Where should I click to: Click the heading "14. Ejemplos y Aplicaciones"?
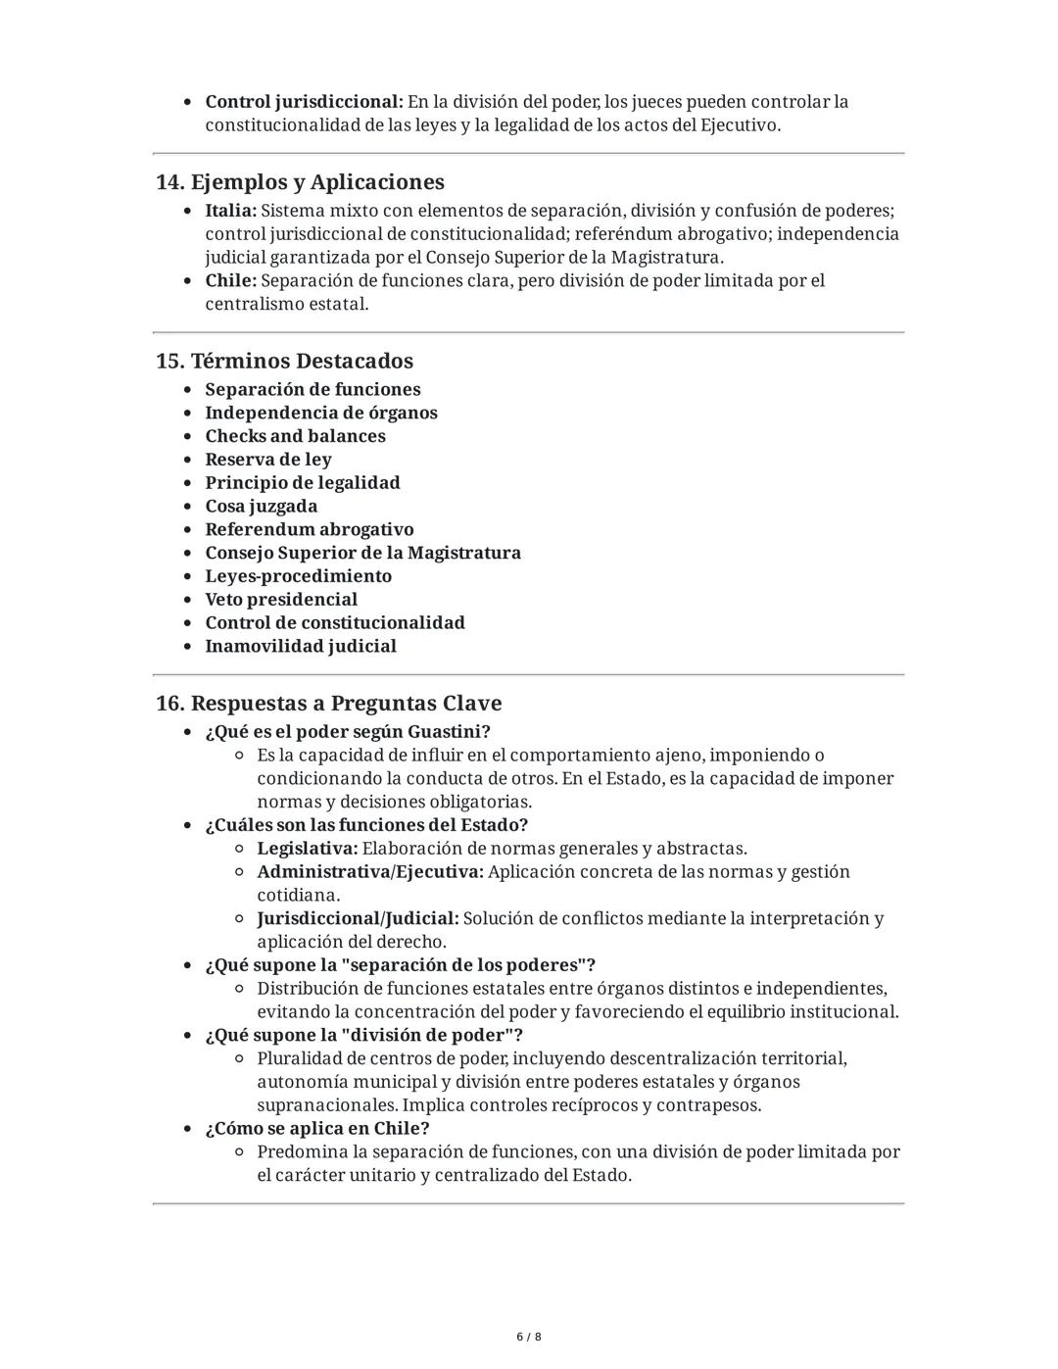point(300,182)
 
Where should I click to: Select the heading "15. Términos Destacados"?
point(284,361)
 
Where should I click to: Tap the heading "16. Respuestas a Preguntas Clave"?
point(328,704)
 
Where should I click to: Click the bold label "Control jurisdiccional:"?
point(304,102)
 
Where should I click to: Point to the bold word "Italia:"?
point(230,211)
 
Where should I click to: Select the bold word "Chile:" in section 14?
point(230,281)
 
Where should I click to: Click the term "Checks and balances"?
point(295,436)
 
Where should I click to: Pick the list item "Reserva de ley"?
point(267,460)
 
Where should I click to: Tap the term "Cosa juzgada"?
point(261,507)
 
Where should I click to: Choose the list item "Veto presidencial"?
point(280,600)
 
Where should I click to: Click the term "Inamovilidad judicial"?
point(300,647)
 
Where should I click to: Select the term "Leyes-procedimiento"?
point(298,576)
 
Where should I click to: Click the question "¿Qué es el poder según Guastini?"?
point(347,732)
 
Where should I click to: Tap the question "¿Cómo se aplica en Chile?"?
point(316,1129)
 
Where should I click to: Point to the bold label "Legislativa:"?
point(307,849)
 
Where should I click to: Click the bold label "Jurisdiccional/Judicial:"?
point(358,919)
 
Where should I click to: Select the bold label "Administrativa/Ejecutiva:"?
point(369,872)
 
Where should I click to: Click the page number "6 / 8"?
point(529,1337)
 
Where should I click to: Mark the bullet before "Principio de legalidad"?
point(188,483)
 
